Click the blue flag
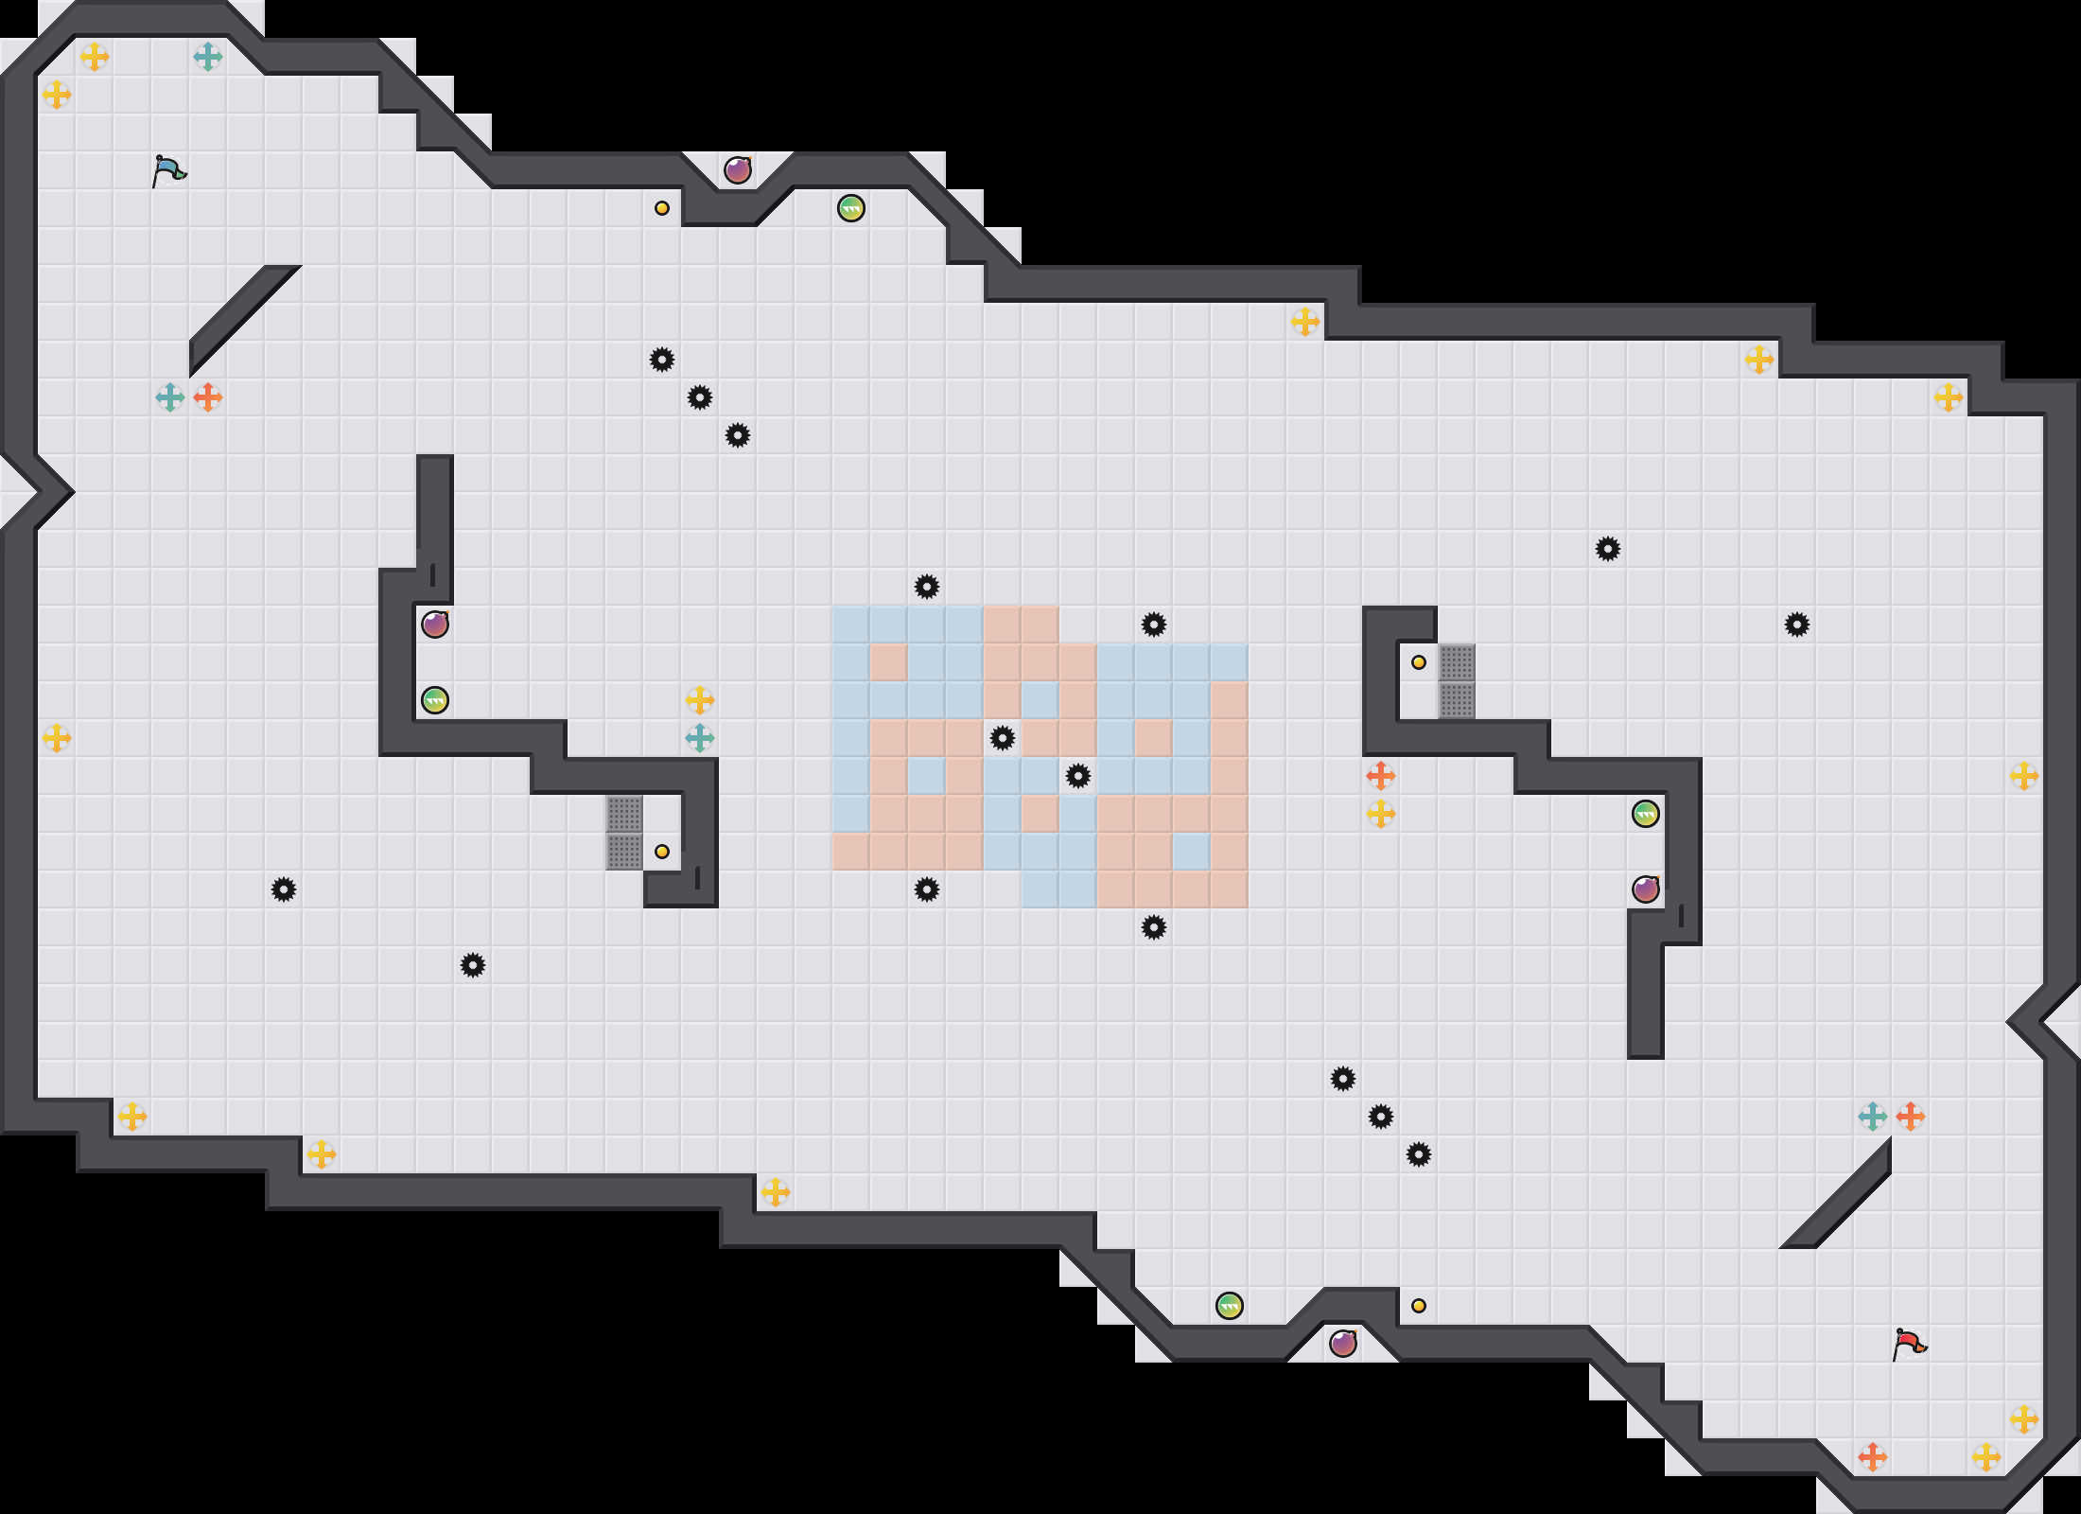point(168,170)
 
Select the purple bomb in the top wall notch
point(738,170)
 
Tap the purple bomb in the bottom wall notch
point(1343,1343)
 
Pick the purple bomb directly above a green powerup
point(435,625)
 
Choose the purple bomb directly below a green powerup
point(1646,889)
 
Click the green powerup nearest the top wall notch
point(851,208)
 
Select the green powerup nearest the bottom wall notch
point(1230,1306)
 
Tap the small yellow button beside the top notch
point(662,208)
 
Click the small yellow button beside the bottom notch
point(1419,1306)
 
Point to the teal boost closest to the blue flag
point(208,57)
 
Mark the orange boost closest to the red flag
point(1873,1457)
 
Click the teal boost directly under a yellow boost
point(700,738)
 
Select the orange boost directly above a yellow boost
point(1381,776)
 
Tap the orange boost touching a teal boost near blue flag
point(208,397)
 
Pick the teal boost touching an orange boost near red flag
point(1873,1117)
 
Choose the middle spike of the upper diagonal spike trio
point(700,397)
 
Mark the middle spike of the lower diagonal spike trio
point(1381,1117)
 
